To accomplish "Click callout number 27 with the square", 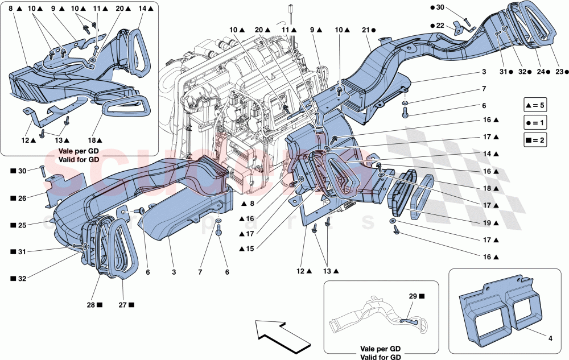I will pyautogui.click(x=127, y=305).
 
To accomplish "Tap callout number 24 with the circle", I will pyautogui.click(x=542, y=72).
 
